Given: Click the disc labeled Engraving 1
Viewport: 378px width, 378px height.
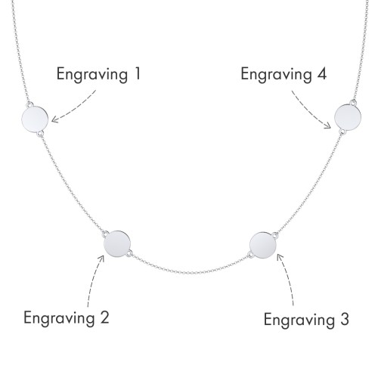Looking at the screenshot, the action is click(x=35, y=119).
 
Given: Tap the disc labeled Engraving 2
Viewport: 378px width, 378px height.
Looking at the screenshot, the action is click(x=117, y=244).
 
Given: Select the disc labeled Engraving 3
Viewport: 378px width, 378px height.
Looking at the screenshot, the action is click(x=263, y=245).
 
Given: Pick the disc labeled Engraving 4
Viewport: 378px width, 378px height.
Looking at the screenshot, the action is click(x=348, y=117).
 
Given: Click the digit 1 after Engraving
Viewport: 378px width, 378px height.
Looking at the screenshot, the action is click(x=137, y=74).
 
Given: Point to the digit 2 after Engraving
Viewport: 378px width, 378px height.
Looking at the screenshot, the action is click(x=104, y=318).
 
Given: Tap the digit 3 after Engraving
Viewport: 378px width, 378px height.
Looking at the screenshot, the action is click(x=344, y=319).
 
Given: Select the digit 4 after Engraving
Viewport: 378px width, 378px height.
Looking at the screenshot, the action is click(x=321, y=74).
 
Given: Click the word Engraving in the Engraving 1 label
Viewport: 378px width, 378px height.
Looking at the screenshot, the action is click(x=92, y=75).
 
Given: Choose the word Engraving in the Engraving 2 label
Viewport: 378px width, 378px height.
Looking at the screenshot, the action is click(x=59, y=318).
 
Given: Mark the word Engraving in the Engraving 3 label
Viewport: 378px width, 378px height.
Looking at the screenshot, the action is click(x=299, y=321).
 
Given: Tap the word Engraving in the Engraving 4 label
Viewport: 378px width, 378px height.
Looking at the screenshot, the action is click(x=277, y=75).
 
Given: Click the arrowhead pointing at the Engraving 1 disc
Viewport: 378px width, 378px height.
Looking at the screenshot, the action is click(x=54, y=119).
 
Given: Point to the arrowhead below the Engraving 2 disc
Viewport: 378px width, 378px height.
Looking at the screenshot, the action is click(x=101, y=259).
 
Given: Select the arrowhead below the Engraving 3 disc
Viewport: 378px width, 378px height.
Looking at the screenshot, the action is click(x=279, y=258).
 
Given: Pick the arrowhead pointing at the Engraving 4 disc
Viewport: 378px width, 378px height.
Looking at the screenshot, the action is click(x=328, y=125).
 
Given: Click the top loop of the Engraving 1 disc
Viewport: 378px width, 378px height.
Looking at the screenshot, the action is click(x=29, y=104).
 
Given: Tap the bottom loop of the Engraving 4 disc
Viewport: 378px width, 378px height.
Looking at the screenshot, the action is click(x=342, y=132).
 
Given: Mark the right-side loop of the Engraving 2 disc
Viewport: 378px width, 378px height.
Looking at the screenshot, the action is click(x=129, y=253).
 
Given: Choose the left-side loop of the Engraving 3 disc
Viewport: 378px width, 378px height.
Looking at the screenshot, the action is click(x=250, y=255).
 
